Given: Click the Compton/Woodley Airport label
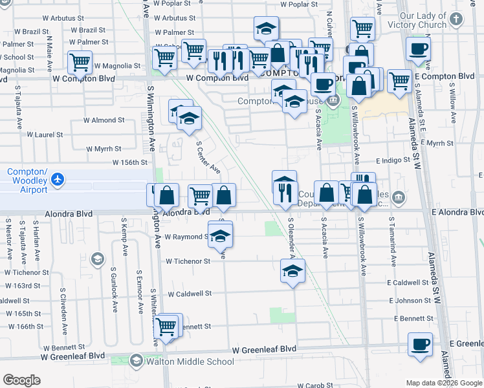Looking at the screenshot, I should (27, 180).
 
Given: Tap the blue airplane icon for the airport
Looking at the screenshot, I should (58, 178).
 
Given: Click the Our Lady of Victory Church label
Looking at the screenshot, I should (432, 20).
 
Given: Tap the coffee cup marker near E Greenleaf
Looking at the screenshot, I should (420, 344).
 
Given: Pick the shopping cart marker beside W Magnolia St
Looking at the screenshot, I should (81, 63).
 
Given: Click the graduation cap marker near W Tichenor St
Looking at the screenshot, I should (292, 270).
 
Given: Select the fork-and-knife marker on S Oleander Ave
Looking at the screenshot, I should (284, 188).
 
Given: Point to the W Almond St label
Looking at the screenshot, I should (104, 120).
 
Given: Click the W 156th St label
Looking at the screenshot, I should (131, 163).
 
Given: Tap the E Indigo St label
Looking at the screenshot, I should (393, 160).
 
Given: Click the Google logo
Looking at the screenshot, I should (21, 380).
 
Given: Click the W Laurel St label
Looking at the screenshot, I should (45, 135).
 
